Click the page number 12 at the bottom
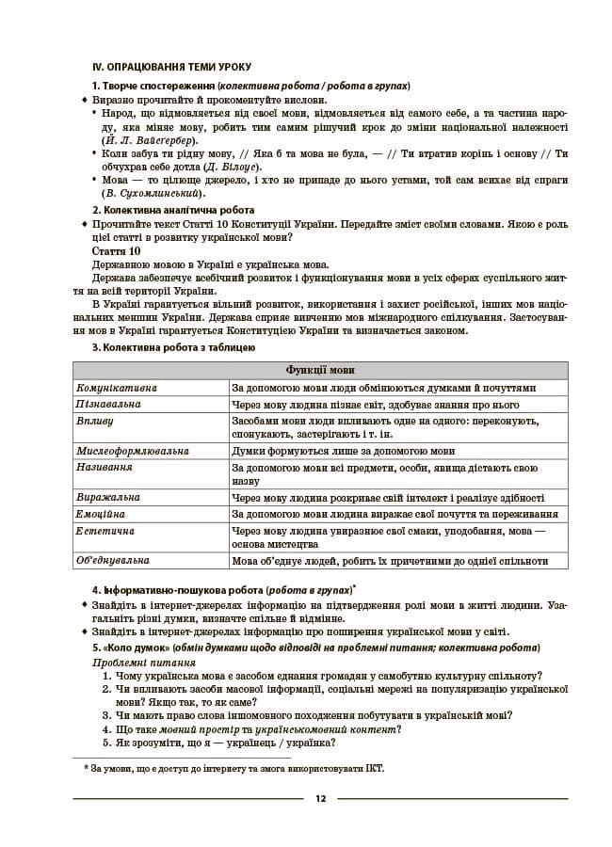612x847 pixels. (320, 799)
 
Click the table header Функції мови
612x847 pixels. (320, 370)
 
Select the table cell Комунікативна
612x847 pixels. (118, 387)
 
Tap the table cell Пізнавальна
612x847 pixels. (109, 404)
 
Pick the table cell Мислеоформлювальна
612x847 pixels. (133, 451)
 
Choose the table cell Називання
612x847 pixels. (105, 467)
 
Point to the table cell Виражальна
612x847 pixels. (108, 498)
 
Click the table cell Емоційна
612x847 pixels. (101, 514)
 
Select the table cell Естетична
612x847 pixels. (105, 531)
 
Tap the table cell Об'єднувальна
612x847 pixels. (113, 561)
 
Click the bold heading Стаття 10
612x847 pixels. (117, 251)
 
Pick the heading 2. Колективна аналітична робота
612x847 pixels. (173, 210)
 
